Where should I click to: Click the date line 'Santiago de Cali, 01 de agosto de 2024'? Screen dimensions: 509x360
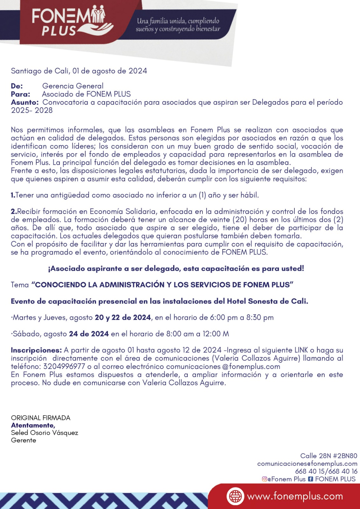[79, 71]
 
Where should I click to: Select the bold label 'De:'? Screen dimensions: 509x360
[17, 86]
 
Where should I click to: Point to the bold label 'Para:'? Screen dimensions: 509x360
[20, 94]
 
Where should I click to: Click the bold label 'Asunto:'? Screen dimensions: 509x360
[25, 102]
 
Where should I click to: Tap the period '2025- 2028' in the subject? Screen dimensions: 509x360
[32, 110]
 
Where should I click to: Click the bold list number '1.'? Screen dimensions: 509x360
[13, 195]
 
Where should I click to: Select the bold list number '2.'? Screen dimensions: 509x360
[14, 212]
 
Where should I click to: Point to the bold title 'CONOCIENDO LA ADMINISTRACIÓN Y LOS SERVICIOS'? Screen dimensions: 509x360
[162, 285]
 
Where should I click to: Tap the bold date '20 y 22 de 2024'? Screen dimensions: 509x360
[123, 317]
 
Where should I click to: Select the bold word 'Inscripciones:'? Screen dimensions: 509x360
[36, 350]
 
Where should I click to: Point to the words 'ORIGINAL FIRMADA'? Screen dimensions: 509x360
[41, 418]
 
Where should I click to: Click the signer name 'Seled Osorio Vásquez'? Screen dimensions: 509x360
[45, 433]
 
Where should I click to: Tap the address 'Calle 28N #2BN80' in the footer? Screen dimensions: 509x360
[328, 456]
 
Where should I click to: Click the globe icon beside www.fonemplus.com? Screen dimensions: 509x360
[235, 496]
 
